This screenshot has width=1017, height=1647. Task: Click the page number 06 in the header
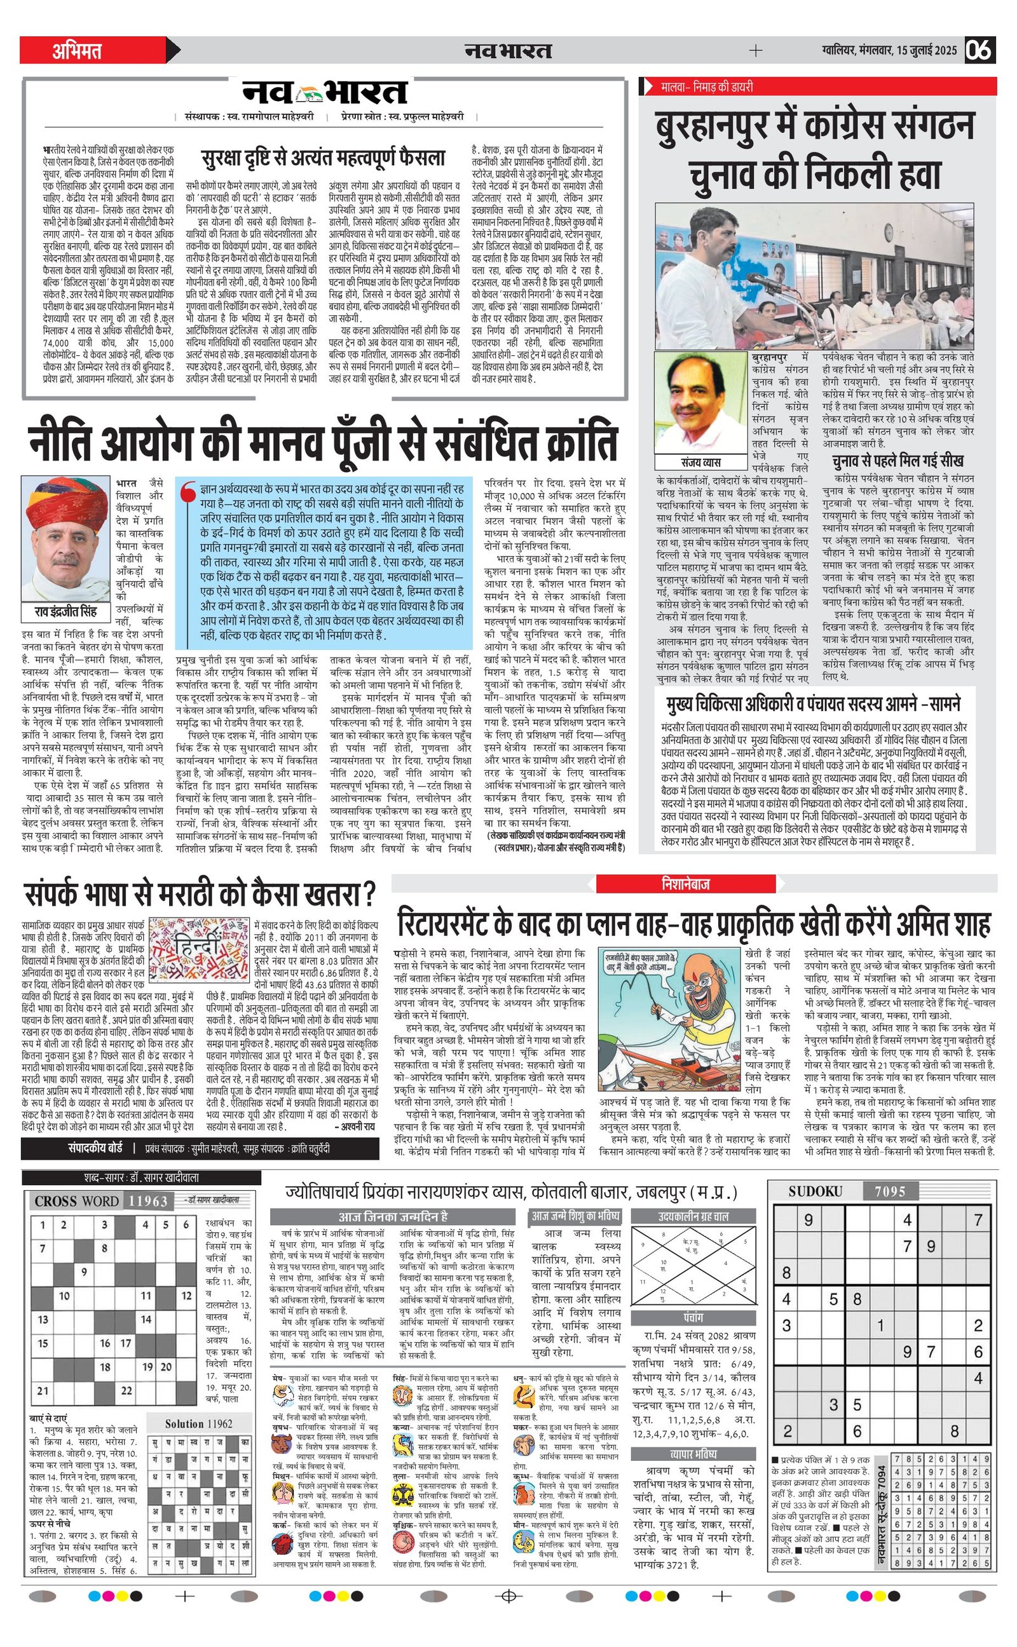979,50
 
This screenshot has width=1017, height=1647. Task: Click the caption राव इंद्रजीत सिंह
66,612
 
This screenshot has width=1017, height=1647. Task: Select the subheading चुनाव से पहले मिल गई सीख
898,461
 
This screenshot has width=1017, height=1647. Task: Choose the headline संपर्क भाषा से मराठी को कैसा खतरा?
200,895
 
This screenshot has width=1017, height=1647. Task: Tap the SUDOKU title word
816,1192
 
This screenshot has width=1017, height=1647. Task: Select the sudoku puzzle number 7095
889,1192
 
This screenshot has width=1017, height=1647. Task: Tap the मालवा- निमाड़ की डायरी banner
707,86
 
